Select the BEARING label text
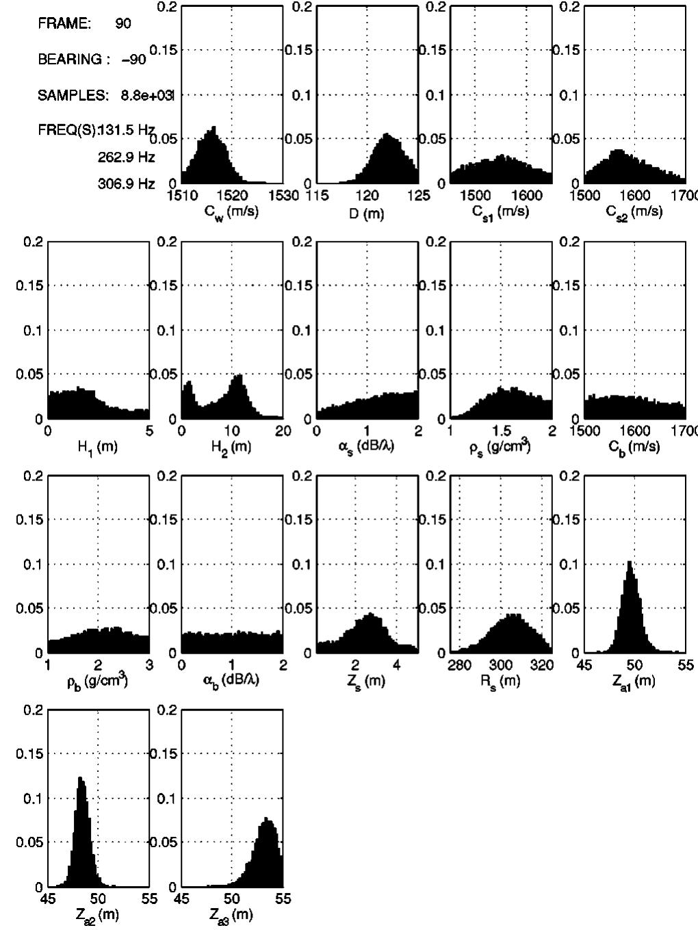[x=69, y=60]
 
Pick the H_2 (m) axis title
[x=232, y=447]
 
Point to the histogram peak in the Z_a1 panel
[x=629, y=563]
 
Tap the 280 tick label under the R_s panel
[x=460, y=665]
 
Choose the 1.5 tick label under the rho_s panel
[x=501, y=430]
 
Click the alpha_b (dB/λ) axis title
[x=232, y=682]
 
